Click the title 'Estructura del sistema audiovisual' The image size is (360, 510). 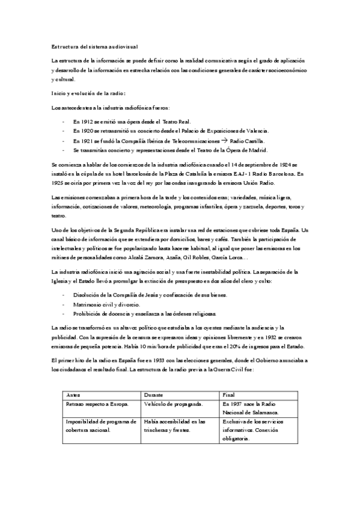click(96, 46)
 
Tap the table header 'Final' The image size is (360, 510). click(229, 394)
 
